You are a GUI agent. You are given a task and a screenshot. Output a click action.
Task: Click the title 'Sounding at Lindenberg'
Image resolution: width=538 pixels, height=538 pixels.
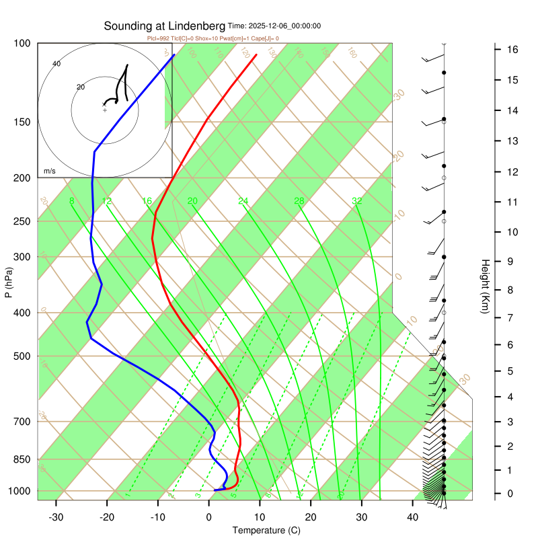coord(165,26)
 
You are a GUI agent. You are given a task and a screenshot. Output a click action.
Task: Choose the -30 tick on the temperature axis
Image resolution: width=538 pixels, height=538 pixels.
coord(56,516)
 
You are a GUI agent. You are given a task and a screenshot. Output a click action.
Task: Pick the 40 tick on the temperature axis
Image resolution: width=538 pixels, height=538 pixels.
coord(413,516)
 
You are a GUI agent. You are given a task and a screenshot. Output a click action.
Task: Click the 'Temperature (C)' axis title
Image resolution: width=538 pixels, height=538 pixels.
coord(266,531)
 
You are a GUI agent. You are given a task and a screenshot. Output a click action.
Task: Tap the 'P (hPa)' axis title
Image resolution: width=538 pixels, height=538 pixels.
coord(9,283)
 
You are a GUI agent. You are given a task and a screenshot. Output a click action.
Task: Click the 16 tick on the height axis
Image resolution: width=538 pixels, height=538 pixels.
coord(512,50)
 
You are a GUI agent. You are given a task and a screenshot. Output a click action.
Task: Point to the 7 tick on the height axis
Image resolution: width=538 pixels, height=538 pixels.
coord(512,317)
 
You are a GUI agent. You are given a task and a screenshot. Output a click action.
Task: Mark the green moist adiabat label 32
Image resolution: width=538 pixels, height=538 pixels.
coord(357,201)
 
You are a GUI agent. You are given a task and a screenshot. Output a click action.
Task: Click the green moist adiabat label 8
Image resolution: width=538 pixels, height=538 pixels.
coord(71,201)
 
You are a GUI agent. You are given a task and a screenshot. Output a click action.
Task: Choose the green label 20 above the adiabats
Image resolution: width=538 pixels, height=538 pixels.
coord(192,201)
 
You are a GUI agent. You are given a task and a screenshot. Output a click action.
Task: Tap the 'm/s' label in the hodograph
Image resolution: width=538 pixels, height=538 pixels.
coord(49,171)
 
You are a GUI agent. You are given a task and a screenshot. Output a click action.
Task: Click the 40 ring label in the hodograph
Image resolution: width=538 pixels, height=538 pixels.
coord(56,64)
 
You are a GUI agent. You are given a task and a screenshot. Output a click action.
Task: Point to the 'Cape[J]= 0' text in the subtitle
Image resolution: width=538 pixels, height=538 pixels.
coord(263,38)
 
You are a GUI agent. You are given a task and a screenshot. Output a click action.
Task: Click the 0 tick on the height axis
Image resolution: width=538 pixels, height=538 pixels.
coord(512,494)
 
